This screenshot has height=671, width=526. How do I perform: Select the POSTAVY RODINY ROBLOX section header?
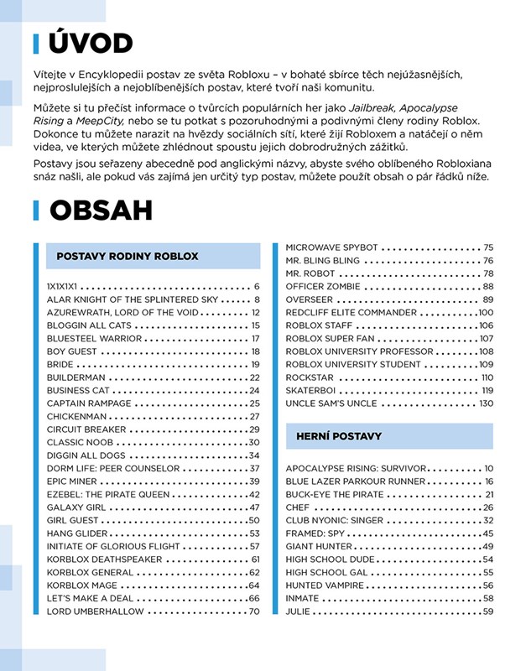tap(128, 256)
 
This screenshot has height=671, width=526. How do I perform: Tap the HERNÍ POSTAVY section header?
tap(339, 436)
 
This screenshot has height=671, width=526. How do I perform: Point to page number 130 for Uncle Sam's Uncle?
tap(486, 403)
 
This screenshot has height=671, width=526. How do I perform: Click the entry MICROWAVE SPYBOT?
tap(332, 247)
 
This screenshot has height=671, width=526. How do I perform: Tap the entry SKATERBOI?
tap(312, 390)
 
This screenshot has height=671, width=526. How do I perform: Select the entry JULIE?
tap(298, 611)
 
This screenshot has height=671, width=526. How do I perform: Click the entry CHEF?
tap(298, 507)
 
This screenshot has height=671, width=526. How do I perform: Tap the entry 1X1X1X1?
tap(62, 287)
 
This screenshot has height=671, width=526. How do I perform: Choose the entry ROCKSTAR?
tap(310, 377)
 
